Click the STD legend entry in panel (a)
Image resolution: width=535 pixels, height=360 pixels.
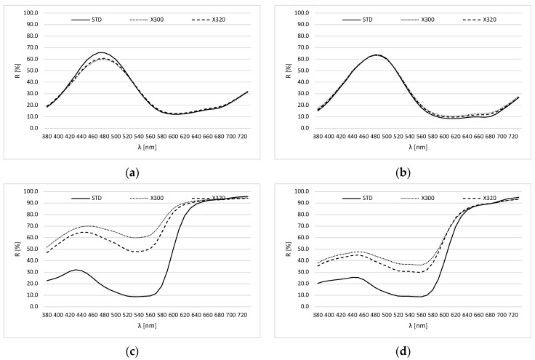[87, 20]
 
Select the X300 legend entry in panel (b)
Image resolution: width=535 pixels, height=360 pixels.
[418, 20]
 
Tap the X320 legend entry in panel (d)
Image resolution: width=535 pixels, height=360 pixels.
[479, 199]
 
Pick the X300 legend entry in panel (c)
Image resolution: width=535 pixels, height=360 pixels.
[147, 199]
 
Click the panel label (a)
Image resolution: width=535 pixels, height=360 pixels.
[132, 173]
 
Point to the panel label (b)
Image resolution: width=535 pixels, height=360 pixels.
[403, 173]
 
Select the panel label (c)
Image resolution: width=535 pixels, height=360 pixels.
[132, 351]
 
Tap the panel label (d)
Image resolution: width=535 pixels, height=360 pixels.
[403, 351]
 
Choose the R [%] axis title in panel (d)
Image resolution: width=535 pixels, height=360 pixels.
[289, 249]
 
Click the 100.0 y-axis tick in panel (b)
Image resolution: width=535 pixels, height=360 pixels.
[301, 13]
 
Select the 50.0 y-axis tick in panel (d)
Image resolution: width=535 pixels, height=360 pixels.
[302, 249]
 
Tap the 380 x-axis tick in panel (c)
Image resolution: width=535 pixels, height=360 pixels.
[47, 316]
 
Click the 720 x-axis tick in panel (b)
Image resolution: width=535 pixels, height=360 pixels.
[513, 137]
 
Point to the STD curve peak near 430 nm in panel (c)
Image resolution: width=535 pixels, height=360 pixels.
[76, 270]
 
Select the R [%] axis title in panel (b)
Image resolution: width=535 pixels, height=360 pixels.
[289, 71]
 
